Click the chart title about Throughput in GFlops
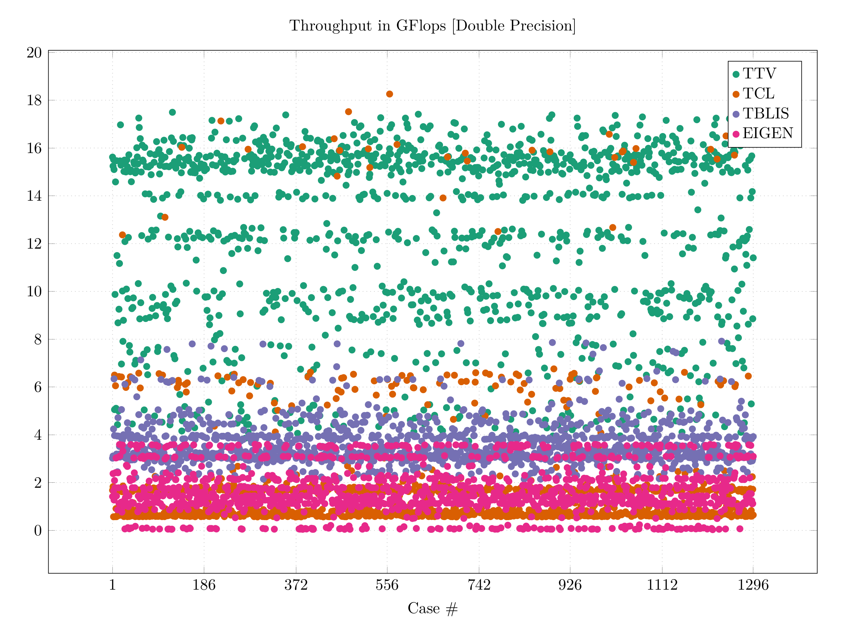[432, 26]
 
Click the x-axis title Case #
[432, 608]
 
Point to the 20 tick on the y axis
[34, 53]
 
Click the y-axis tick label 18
[34, 100]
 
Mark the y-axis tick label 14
[34, 196]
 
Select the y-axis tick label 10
[34, 291]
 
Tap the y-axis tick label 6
[37, 387]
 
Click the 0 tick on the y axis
[37, 531]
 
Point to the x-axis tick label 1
[112, 585]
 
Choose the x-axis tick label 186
[204, 585]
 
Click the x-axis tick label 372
[296, 585]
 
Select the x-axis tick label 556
[387, 585]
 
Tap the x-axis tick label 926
[570, 585]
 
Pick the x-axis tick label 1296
[753, 585]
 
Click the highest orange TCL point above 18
[389, 94]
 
